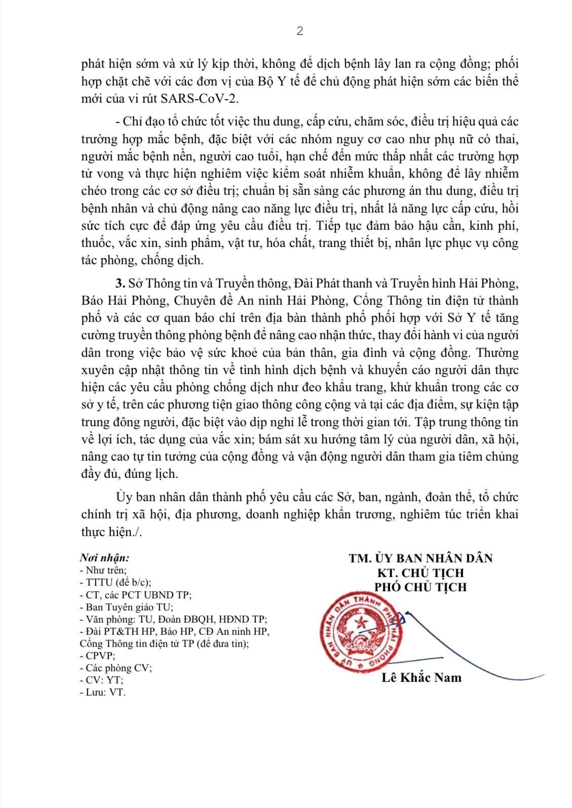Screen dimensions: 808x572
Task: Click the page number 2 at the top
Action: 299,31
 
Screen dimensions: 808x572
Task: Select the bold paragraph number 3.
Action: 119,282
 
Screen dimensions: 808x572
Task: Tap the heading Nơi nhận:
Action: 104,558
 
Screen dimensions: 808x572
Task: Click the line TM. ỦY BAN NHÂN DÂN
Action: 421,558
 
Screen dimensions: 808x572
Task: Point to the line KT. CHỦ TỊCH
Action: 421,573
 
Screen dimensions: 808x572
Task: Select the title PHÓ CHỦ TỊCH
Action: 421,587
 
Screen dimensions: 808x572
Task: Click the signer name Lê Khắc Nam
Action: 422,677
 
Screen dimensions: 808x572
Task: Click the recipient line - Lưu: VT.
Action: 103,692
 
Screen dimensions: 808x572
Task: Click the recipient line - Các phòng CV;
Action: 116,668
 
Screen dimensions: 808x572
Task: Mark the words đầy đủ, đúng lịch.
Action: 130,474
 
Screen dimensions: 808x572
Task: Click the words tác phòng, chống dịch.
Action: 142,261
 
